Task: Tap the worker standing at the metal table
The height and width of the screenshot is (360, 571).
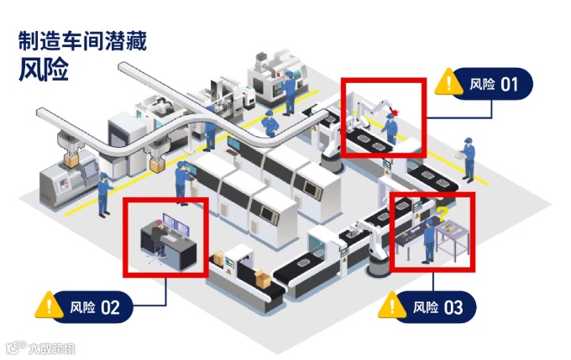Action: pyautogui.click(x=430, y=239)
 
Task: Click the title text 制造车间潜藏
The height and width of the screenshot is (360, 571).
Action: pyautogui.click(x=82, y=42)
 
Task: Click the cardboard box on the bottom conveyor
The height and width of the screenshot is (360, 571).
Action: pyautogui.click(x=263, y=280)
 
